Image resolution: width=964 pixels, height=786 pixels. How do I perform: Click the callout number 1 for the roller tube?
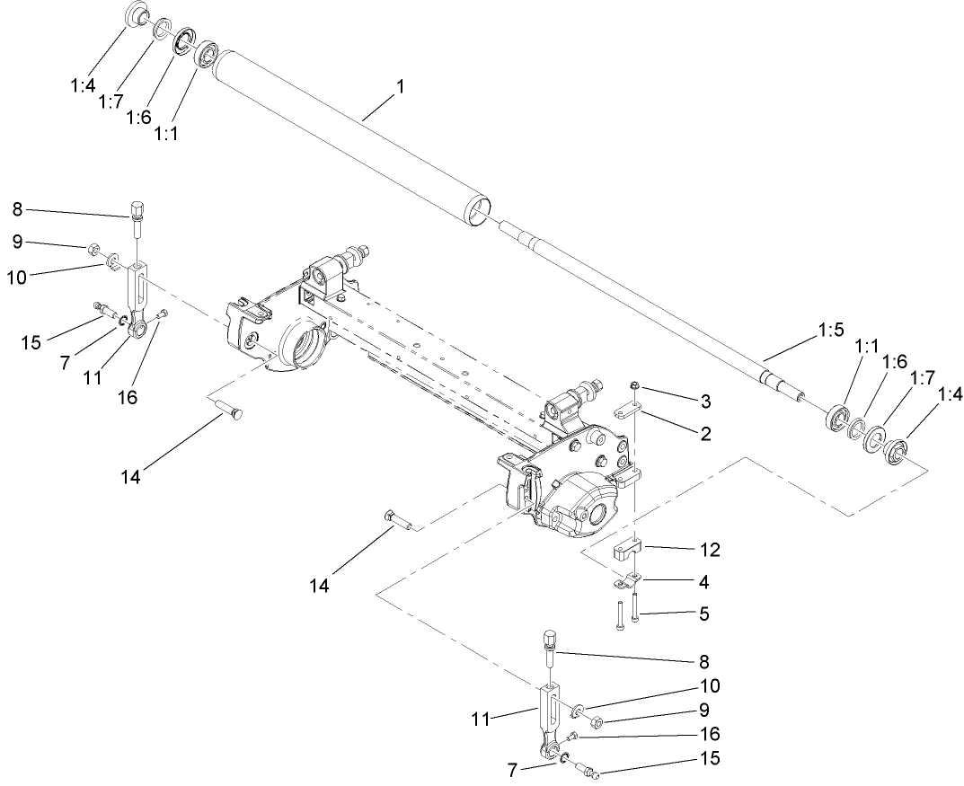coord(401,87)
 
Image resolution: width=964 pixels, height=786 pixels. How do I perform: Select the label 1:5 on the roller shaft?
coord(830,331)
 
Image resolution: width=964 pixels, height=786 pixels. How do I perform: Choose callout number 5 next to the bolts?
coord(704,614)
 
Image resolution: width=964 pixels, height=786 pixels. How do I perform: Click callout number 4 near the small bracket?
coord(704,582)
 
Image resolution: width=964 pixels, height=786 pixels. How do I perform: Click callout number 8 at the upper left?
coord(17,211)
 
